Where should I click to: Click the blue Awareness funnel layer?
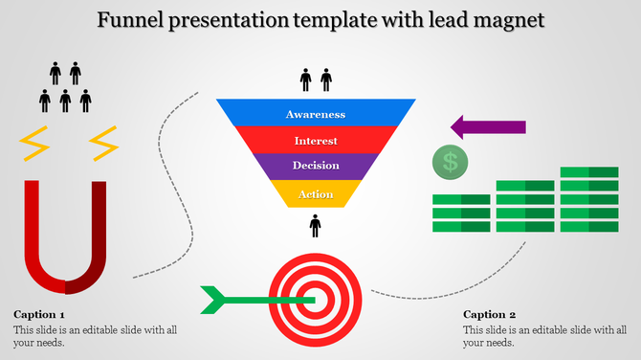(x=315, y=114)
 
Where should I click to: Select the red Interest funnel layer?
(x=315, y=141)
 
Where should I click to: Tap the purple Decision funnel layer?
(x=315, y=166)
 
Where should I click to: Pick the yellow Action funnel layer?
(x=315, y=194)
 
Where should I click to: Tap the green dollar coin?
(x=450, y=162)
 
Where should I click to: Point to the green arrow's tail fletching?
(x=212, y=299)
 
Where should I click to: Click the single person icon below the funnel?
(x=315, y=226)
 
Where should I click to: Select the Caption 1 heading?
(x=39, y=314)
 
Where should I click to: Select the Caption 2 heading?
(x=489, y=314)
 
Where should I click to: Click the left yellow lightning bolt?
(x=36, y=144)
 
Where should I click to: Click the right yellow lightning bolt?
(x=102, y=144)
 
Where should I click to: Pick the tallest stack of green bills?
(x=589, y=199)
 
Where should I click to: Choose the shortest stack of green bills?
(x=461, y=213)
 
